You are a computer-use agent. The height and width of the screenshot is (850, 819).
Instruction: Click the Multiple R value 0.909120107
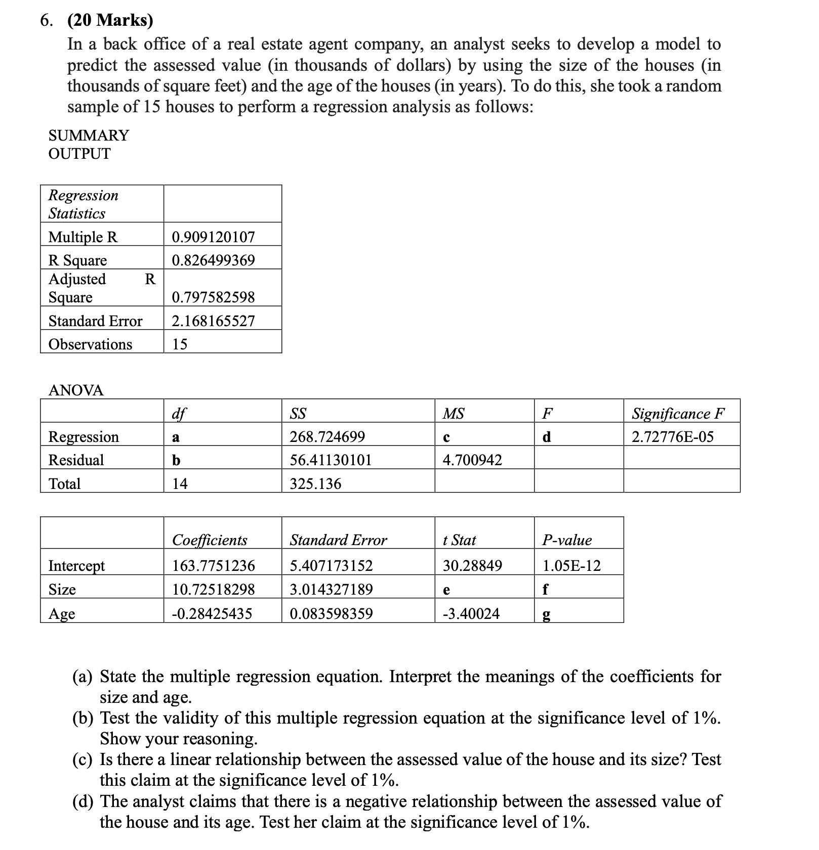[213, 237]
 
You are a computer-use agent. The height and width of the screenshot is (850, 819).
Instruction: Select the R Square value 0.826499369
[213, 260]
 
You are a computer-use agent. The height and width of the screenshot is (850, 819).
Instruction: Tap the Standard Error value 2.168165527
[213, 321]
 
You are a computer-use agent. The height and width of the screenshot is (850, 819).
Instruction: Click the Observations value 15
[180, 344]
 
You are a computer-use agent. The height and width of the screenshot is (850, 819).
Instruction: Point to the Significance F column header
[678, 414]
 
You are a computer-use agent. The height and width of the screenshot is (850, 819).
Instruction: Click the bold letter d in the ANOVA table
[546, 437]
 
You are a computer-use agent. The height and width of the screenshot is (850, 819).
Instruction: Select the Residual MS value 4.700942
[472, 460]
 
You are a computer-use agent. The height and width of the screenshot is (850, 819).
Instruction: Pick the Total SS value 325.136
[315, 484]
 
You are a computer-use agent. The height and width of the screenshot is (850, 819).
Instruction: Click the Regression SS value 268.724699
[327, 437]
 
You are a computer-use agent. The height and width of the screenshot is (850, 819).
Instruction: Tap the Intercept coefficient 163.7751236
[213, 565]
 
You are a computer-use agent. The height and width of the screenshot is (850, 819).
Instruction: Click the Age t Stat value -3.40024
[471, 614]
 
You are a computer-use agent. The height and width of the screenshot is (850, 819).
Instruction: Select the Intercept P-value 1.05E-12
[571, 565]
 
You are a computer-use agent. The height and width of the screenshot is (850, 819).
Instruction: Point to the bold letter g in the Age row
[546, 615]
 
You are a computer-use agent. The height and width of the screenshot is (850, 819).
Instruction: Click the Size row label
[62, 590]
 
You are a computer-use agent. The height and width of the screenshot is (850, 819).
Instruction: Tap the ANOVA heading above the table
[76, 390]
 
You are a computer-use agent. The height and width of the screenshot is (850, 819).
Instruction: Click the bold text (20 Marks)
[110, 20]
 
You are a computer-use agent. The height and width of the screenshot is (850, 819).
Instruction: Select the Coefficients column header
[210, 540]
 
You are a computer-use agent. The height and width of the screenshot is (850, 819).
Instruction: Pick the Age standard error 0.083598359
[331, 614]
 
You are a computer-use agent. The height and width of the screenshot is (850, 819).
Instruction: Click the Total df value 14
[180, 484]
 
